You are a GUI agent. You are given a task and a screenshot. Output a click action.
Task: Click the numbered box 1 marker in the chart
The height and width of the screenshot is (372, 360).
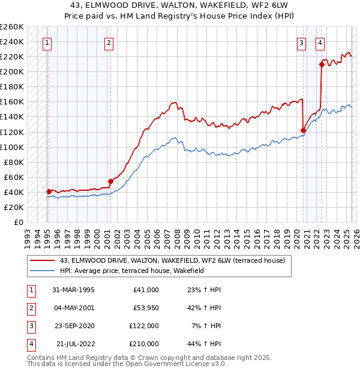(x=47, y=43)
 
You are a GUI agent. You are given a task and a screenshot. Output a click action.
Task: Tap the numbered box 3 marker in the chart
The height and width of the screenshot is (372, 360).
(x=301, y=43)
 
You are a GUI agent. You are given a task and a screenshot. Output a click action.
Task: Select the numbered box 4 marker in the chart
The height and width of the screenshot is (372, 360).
(x=320, y=43)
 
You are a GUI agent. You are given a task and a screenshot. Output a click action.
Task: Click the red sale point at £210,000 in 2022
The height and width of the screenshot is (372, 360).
(x=322, y=64)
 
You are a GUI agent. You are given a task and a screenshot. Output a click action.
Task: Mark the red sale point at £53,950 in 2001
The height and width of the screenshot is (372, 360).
(x=110, y=181)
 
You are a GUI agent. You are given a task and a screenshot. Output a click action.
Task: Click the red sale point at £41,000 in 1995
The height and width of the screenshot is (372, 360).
(x=49, y=191)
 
